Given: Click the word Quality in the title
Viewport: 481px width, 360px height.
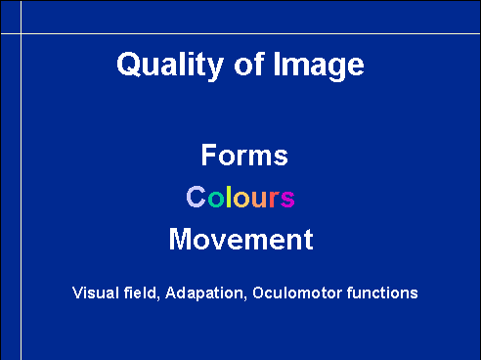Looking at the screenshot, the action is (170, 66).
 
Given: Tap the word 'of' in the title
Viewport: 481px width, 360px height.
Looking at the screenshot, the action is (248, 64).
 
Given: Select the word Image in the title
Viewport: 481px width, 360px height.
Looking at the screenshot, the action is (319, 66).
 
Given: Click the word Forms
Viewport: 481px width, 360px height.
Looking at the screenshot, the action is (244, 155).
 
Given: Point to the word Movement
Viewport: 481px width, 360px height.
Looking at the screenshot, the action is (241, 239).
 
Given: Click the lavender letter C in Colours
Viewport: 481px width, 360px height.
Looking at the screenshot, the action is (196, 197).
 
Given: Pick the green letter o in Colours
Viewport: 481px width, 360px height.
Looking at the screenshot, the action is (216, 199).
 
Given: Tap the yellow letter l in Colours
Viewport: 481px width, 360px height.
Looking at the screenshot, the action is (229, 197).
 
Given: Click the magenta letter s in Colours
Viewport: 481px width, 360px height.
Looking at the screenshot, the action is (287, 199).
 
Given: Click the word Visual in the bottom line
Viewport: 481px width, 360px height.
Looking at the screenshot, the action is (96, 292).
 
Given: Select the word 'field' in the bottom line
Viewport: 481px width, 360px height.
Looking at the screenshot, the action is (142, 292).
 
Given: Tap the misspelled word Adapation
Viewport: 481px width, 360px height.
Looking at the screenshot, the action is (205, 293).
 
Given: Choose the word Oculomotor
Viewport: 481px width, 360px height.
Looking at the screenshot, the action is (297, 292).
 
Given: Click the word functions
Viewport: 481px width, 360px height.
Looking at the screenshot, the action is (382, 292).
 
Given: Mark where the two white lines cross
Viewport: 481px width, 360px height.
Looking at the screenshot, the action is (22, 33).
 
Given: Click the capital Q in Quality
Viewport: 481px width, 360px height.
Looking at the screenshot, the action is (127, 65).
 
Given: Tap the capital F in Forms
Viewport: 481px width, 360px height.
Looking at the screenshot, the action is (208, 155).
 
